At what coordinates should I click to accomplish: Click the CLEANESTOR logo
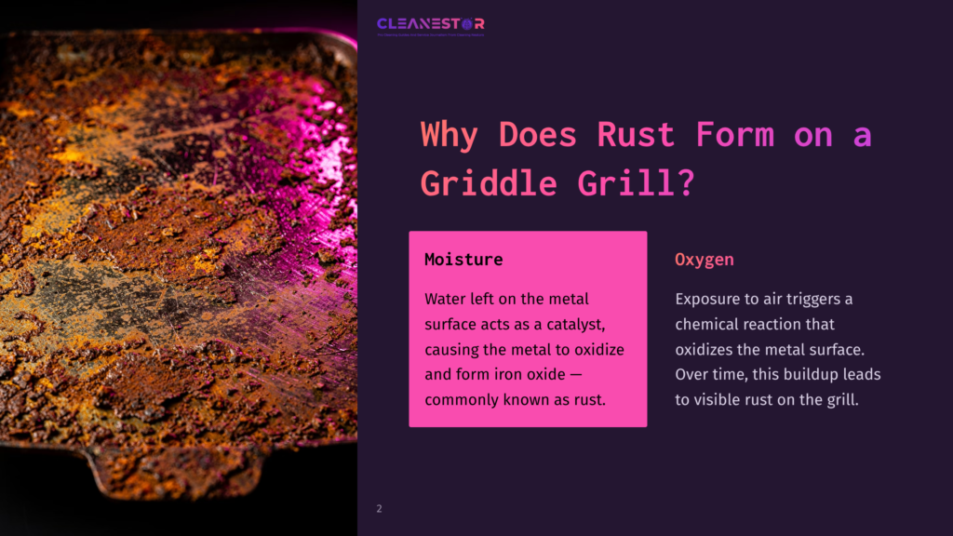pyautogui.click(x=430, y=24)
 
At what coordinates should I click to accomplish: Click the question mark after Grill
pyautogui.click(x=686, y=182)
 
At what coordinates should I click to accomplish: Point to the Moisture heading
pyautogui.click(x=463, y=260)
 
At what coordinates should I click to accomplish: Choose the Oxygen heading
pyautogui.click(x=704, y=260)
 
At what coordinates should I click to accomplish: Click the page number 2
pyautogui.click(x=379, y=509)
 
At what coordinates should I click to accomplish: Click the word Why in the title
pyautogui.click(x=450, y=135)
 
